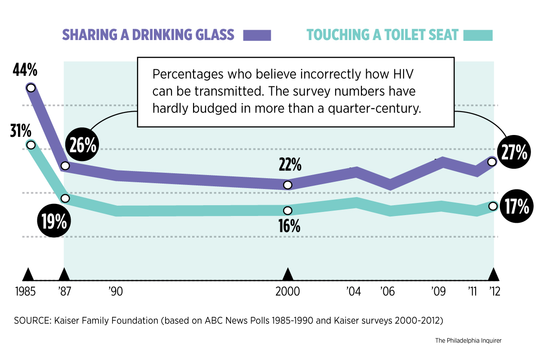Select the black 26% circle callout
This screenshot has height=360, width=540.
pos(82,145)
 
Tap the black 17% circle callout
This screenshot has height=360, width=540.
pos(515,207)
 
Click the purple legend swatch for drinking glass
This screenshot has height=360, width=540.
pos(257,35)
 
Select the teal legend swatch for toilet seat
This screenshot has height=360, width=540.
pos(478,35)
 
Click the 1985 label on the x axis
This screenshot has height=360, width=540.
pos(26,291)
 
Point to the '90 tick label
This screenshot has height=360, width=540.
pos(116,291)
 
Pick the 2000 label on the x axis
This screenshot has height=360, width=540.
pos(288,291)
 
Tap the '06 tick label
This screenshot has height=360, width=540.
pos(387,291)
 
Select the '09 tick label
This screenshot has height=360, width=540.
pos(438,291)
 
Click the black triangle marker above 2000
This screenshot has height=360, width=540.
pos(288,274)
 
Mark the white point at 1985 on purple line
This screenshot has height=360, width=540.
pos(31,88)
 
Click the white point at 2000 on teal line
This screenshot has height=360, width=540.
pos(288,210)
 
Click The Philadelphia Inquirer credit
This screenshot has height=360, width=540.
pos(468,341)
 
